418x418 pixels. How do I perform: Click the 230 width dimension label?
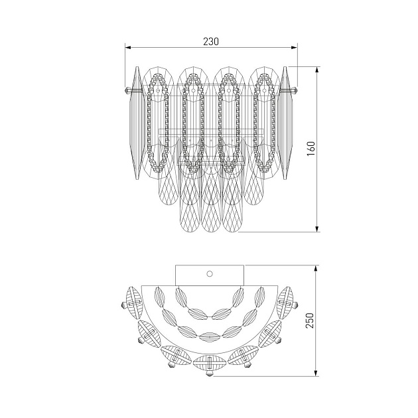pyautogui.click(x=211, y=41)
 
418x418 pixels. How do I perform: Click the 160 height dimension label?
pyautogui.click(x=311, y=149)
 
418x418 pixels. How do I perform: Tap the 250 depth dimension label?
pyautogui.click(x=310, y=320)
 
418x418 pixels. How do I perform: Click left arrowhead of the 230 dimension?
pyautogui.click(x=128, y=48)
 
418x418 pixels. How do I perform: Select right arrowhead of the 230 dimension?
pyautogui.click(x=294, y=48)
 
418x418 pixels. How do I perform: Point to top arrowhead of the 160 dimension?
pyautogui.click(x=317, y=70)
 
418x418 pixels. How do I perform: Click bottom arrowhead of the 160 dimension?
pyautogui.click(x=317, y=229)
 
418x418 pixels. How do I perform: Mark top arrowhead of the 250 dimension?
pyautogui.click(x=316, y=268)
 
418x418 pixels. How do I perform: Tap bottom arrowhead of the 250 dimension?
pyautogui.click(x=316, y=373)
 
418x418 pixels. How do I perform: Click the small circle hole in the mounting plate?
pyautogui.click(x=210, y=273)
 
